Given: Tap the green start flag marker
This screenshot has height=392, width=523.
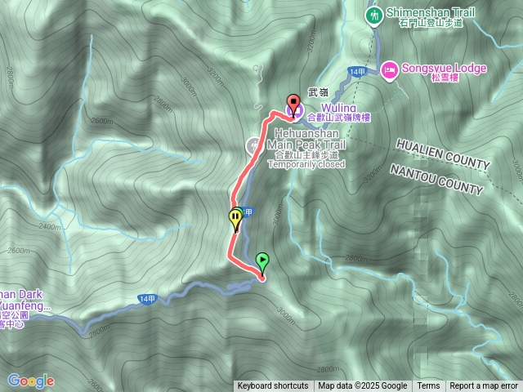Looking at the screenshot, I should pyautogui.click(x=262, y=261).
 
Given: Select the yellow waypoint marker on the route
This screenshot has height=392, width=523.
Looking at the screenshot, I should pyautogui.click(x=235, y=218).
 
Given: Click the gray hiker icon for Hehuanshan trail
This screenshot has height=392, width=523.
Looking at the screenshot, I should pyautogui.click(x=254, y=145).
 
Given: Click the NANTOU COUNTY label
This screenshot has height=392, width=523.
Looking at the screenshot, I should pyautogui.click(x=436, y=179).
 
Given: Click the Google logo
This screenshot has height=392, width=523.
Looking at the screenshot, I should pyautogui.click(x=30, y=381).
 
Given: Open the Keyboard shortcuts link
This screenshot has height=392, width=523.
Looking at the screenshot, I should pyautogui.click(x=273, y=386).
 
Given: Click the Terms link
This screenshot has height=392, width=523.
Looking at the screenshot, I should pyautogui.click(x=428, y=386).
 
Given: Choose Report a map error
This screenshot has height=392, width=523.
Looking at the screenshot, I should pyautogui.click(x=484, y=386).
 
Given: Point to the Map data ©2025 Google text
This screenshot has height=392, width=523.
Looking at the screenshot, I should pyautogui.click(x=363, y=386).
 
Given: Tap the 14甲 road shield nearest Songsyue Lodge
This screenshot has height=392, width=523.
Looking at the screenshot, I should pyautogui.click(x=355, y=73).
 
